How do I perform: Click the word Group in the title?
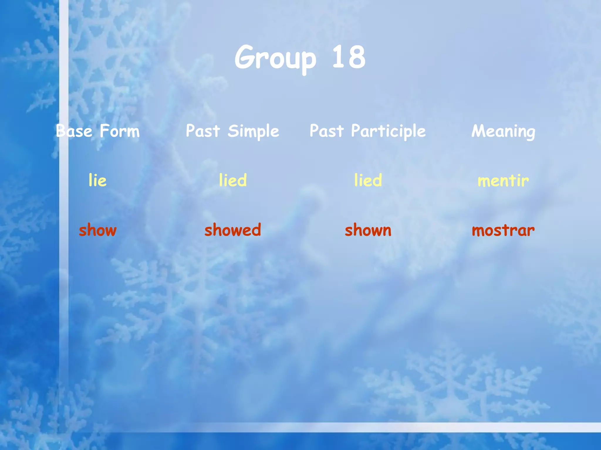coord(275,58)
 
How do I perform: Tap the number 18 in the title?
coord(349,57)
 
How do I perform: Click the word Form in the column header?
coord(120,131)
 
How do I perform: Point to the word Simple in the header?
coord(253,131)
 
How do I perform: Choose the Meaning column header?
coord(503,131)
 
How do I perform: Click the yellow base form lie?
coord(97,180)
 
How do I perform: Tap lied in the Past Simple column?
coord(233,180)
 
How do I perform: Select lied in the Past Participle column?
coord(368,180)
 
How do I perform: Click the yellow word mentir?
coord(503,180)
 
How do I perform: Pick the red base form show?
coord(98,230)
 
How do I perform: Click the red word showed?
coord(233,230)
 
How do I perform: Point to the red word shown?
coord(368,230)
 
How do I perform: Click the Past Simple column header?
coord(232,131)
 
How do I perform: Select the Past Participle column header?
coord(368,131)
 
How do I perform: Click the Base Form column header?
coord(98,131)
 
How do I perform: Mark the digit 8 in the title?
coord(356,57)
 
